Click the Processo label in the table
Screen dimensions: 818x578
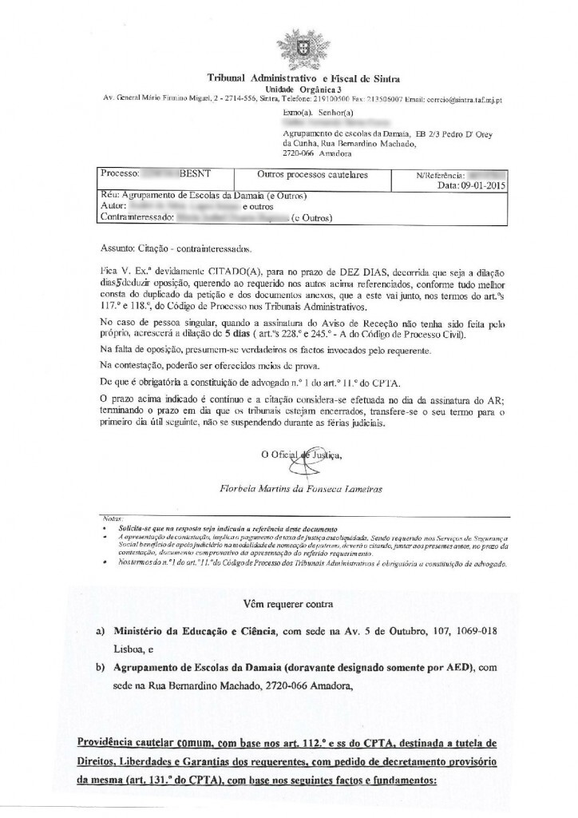point(121,173)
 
